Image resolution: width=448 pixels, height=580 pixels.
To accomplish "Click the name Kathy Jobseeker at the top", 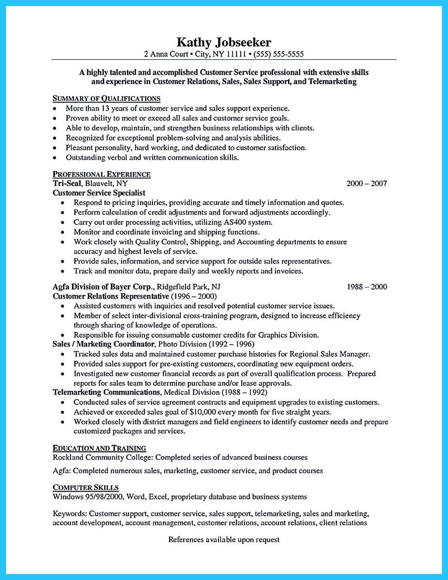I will coord(224,42).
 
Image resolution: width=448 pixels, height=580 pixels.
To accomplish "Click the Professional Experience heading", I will coord(101,174).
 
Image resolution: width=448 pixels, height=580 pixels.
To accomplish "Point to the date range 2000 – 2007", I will coord(366,184).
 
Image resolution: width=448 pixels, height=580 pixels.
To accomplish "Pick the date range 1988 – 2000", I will coord(366,287).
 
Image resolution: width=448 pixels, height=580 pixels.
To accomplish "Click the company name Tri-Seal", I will coord(67,184).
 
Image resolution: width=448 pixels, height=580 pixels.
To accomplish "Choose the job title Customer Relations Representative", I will coord(111,296).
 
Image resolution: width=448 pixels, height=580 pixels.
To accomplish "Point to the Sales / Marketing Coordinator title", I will coord(103,344).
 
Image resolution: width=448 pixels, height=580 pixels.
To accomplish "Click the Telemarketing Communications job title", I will coord(106,392).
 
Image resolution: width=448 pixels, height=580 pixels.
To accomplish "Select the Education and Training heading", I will coord(99,448).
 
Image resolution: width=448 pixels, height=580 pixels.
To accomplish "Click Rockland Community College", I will coord(102,457).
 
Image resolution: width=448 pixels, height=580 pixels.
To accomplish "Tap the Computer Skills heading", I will coord(86,487).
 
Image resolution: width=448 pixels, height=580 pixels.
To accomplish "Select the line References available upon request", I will coord(224,539).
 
